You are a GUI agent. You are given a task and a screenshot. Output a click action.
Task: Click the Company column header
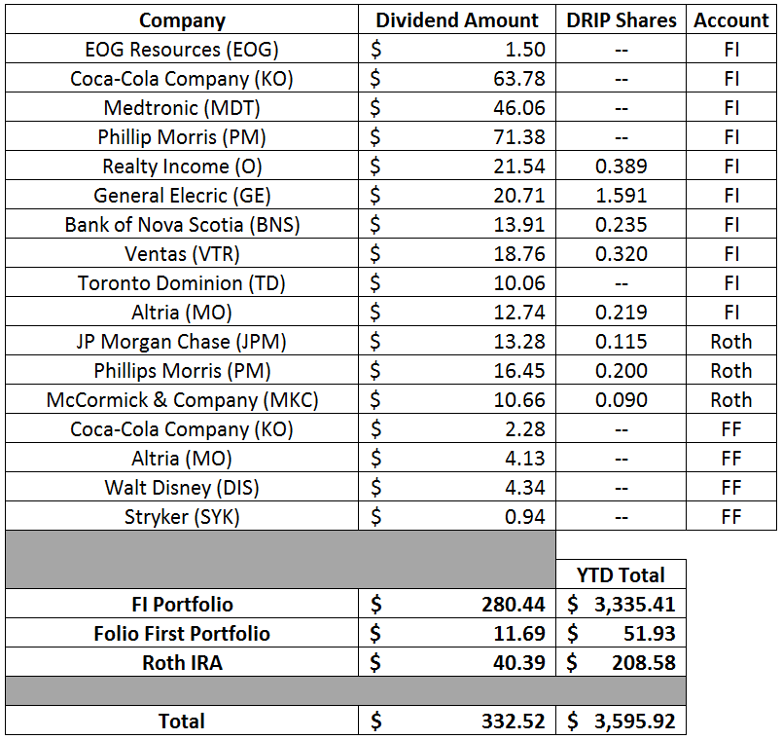(x=182, y=20)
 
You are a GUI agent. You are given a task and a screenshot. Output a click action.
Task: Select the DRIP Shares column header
(x=621, y=20)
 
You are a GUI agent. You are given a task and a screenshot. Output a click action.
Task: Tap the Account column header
(x=730, y=20)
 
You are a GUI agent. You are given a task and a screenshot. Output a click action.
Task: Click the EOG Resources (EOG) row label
(x=182, y=50)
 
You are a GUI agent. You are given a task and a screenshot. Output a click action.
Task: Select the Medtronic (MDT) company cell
(x=182, y=108)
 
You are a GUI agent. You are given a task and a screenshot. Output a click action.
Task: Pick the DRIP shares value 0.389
(x=621, y=166)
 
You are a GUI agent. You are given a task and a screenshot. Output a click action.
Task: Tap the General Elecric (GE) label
(x=182, y=196)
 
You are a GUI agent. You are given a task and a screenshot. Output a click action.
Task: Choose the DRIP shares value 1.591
(x=621, y=196)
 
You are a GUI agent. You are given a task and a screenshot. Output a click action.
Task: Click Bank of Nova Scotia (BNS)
(x=182, y=225)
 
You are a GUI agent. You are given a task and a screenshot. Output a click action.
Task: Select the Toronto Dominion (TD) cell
(x=182, y=283)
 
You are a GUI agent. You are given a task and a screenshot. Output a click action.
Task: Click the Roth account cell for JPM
(x=730, y=342)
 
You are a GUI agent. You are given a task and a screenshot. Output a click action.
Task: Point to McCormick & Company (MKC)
(x=182, y=400)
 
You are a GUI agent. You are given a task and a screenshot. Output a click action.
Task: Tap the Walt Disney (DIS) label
(x=182, y=488)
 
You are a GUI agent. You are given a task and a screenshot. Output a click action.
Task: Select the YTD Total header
(x=621, y=574)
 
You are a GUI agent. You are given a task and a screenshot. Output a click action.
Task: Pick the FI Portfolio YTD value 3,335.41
(x=633, y=604)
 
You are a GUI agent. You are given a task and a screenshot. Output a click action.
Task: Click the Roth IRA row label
(x=182, y=662)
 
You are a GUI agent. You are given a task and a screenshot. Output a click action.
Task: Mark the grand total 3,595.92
(x=633, y=721)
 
